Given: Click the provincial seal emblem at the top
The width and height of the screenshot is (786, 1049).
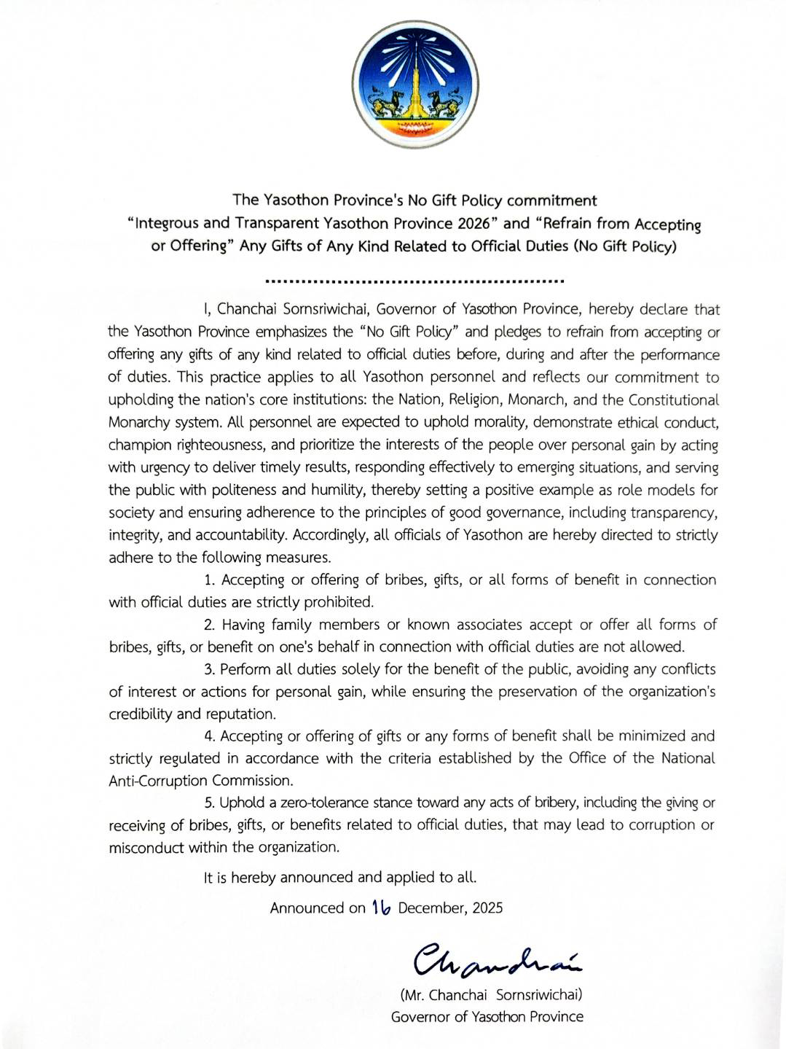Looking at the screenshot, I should pyautogui.click(x=414, y=84).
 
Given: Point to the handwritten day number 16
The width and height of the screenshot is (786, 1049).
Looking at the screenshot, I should pyautogui.click(x=381, y=907).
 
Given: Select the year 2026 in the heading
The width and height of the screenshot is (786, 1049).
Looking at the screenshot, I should pyautogui.click(x=473, y=223).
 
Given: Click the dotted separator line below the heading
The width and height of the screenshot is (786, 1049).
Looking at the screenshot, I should pyautogui.click(x=414, y=281).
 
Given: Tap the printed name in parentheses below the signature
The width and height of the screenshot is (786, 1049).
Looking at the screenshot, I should pyautogui.click(x=490, y=995).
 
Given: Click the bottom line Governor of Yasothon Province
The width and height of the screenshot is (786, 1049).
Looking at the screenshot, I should pyautogui.click(x=487, y=1017).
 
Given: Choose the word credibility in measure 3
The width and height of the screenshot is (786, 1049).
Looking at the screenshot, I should pyautogui.click(x=140, y=714).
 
